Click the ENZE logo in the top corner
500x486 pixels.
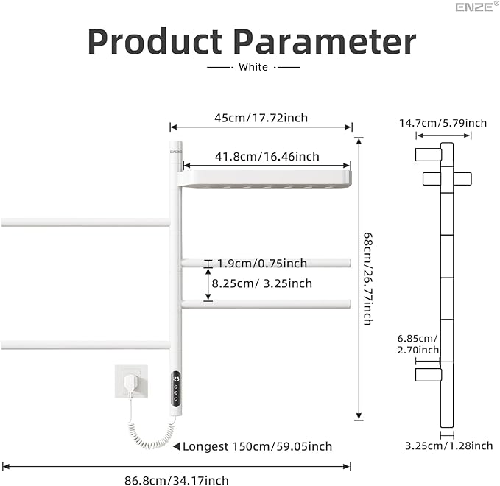click(472, 8)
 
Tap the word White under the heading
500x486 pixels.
click(253, 67)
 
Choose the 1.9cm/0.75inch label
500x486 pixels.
click(261, 264)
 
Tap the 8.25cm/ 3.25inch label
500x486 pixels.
click(262, 283)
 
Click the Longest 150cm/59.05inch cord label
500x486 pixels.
click(257, 446)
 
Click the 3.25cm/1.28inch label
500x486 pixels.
click(448, 445)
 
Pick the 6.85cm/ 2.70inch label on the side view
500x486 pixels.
click(418, 344)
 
